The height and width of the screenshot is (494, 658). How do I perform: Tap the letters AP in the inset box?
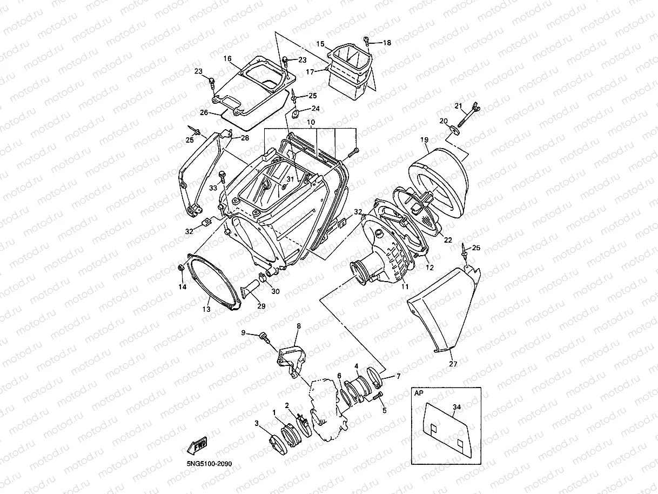(419, 394)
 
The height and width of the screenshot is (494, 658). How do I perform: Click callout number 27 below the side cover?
(453, 364)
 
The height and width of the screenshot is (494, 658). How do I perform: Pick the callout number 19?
(425, 139)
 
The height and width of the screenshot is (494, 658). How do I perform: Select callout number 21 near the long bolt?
(458, 105)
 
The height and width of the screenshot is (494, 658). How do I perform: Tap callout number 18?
(387, 43)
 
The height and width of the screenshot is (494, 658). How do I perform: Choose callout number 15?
(320, 43)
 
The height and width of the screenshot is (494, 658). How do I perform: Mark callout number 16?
(227, 58)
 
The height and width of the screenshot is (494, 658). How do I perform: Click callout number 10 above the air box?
(311, 123)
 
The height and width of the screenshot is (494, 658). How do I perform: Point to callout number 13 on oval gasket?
(206, 309)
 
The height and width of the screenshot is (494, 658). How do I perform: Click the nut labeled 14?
(181, 268)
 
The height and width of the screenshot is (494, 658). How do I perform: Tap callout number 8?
(298, 326)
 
